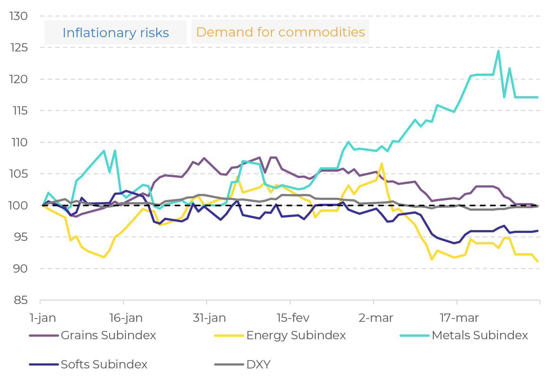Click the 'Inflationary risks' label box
(x=115, y=33)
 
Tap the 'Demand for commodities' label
(x=280, y=32)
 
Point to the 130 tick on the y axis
(x=19, y=16)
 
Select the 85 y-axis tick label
(x=21, y=300)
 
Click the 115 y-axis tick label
(x=20, y=111)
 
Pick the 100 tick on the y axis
(x=18, y=205)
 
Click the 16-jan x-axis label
(x=126, y=318)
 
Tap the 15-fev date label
(x=293, y=318)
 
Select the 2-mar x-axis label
(x=376, y=318)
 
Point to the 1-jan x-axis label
(x=43, y=318)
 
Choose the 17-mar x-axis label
(x=459, y=318)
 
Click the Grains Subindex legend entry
(x=93, y=335)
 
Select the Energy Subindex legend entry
(x=280, y=335)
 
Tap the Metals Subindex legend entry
(x=464, y=335)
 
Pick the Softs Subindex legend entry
(x=88, y=365)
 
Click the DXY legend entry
(x=243, y=365)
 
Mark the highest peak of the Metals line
(x=499, y=51)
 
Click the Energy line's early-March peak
(x=382, y=164)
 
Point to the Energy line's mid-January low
(x=104, y=257)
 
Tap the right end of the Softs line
(x=538, y=231)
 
